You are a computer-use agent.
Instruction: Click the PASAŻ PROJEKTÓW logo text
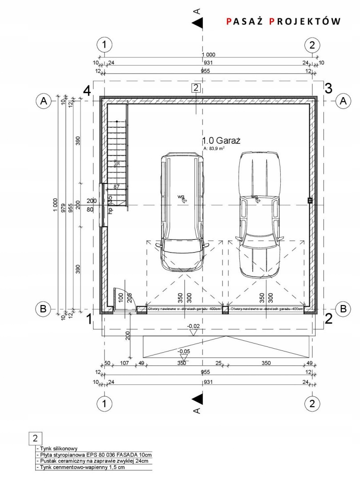pos(283,21)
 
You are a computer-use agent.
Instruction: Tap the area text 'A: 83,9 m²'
pos(214,148)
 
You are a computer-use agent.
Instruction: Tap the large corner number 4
pos(88,90)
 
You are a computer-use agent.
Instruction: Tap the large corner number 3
pos(328,89)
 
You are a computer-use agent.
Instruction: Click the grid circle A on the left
pos(44,101)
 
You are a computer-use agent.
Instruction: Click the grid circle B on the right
pos(343,308)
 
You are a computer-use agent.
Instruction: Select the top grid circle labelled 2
pos(312,45)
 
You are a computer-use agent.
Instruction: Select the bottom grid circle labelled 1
pos(104,403)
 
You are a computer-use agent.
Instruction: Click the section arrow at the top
pos(198,21)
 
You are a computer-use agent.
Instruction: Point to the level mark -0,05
pos(183,352)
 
